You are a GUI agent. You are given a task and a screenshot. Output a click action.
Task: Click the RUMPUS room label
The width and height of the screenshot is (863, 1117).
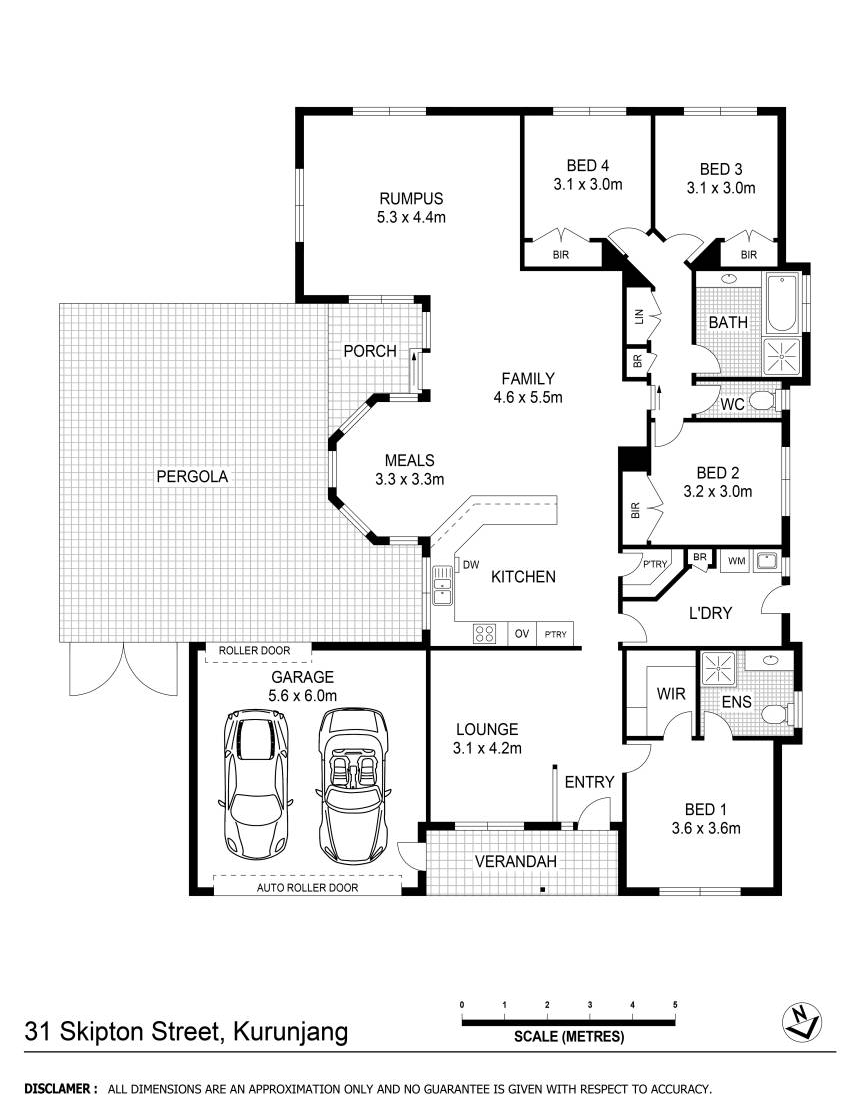point(411,199)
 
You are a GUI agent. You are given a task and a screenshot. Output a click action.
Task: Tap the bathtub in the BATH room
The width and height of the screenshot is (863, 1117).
point(782,303)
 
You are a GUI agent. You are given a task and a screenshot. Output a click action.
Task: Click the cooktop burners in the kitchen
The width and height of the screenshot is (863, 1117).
point(484,633)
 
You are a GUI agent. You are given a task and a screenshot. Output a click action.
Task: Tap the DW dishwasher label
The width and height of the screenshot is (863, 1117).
point(471,565)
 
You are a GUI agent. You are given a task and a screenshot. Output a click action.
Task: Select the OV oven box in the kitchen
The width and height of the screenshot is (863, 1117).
point(521,633)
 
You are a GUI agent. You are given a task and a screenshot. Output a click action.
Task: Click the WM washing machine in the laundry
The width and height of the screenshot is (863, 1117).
point(735,561)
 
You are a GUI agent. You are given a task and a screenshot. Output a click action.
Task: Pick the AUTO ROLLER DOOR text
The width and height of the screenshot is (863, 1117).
point(307,887)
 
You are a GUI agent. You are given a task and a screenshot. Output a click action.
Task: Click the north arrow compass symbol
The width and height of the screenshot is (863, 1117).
point(802,1020)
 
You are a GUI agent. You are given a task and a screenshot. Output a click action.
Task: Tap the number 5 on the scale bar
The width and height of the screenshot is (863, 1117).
point(675,1005)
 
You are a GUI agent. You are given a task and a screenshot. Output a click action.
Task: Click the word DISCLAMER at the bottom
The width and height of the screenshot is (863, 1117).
point(58,1088)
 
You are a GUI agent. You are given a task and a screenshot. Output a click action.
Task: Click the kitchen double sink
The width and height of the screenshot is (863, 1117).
point(441,585)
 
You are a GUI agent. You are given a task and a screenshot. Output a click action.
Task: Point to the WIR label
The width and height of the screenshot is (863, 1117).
point(670,693)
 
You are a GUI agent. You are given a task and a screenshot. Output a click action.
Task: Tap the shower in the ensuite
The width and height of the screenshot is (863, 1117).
point(718,669)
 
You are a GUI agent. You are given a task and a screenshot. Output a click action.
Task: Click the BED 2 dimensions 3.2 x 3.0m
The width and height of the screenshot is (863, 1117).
point(718,491)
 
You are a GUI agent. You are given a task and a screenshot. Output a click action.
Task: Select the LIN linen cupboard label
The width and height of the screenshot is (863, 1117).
point(638,316)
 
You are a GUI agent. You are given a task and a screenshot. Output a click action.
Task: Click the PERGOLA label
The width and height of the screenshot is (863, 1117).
point(192,476)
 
